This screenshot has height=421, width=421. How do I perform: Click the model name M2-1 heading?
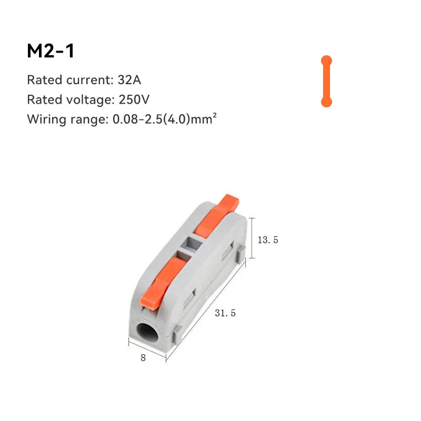click(x=51, y=51)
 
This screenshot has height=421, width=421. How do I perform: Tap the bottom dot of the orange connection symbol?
click(x=326, y=102)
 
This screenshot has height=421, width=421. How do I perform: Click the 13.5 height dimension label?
click(x=267, y=240)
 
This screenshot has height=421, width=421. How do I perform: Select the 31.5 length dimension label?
click(x=225, y=313)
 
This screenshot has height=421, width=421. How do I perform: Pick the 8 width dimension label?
click(x=143, y=357)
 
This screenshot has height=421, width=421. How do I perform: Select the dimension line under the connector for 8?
click(x=147, y=350)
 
